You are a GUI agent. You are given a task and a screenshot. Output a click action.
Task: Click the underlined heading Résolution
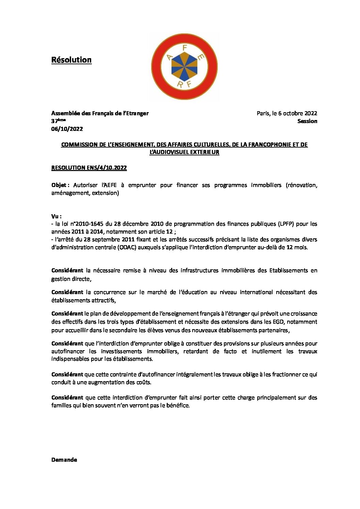pyautogui.click(x=71, y=60)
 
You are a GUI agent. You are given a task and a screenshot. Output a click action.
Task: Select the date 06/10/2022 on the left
pyautogui.click(x=67, y=129)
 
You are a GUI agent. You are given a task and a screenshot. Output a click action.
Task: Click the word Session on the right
pyautogui.click(x=307, y=121)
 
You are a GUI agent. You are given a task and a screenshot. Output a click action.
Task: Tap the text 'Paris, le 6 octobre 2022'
pyautogui.click(x=287, y=113)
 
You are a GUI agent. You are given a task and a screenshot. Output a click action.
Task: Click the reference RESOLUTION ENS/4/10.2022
pyautogui.click(x=89, y=168)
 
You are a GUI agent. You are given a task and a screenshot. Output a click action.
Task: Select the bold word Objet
pyautogui.click(x=60, y=185)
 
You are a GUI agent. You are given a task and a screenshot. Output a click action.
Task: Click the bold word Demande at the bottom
pyautogui.click(x=64, y=460)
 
